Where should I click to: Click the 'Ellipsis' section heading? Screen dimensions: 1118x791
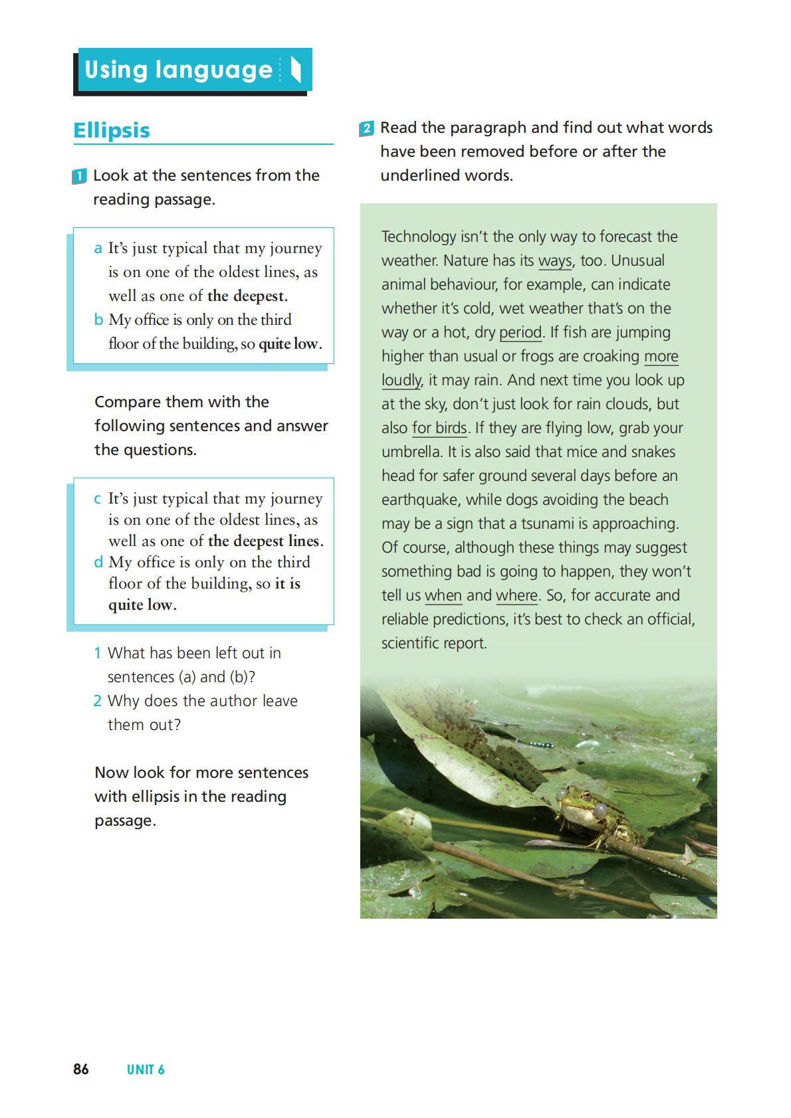point(112,130)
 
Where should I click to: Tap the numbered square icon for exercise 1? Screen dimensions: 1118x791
point(79,177)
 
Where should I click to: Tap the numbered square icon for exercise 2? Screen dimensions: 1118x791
point(366,128)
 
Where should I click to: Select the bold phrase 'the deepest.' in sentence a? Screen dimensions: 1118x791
point(247,296)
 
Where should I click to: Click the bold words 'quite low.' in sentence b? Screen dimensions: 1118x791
point(290,344)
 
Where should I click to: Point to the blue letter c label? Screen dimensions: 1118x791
point(98,499)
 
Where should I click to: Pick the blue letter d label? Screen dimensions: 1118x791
point(98,563)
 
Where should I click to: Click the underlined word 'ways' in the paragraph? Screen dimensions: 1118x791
point(555,260)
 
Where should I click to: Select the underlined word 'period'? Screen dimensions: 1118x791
point(520,332)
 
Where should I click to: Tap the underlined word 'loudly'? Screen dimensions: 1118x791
point(401,380)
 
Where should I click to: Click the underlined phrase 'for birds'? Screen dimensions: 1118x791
point(439,428)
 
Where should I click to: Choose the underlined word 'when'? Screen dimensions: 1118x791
point(443,595)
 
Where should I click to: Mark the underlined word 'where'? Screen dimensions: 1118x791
point(516,595)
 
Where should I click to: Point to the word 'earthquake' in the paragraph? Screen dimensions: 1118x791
point(420,500)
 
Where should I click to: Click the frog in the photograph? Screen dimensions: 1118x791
point(585,814)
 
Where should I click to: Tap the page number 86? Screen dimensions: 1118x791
point(81,1069)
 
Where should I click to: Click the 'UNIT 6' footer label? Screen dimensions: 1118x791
point(146,1070)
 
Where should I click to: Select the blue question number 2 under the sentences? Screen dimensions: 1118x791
point(98,701)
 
